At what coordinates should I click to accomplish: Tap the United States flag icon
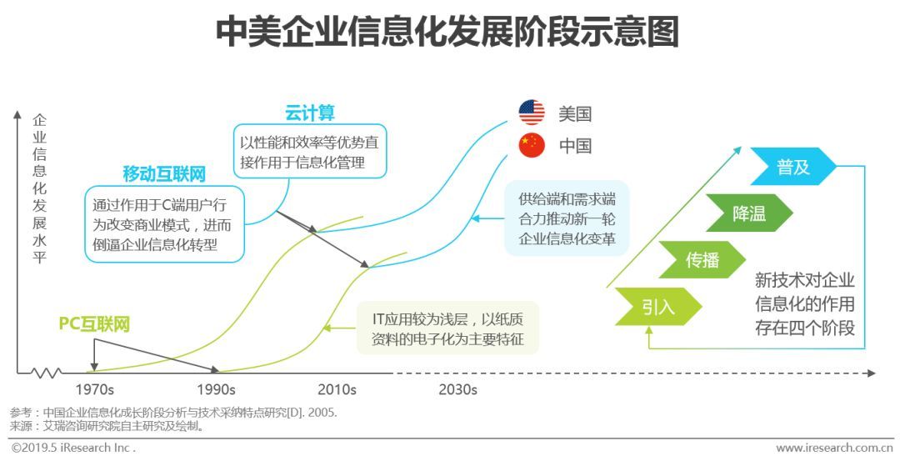(532, 113)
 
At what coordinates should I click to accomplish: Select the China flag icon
(532, 145)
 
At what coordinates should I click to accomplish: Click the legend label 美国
(575, 113)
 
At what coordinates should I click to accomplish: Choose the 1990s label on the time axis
(216, 389)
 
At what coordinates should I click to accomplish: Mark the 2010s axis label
(337, 389)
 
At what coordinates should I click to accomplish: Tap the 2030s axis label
(457, 389)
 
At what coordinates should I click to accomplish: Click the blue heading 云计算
(309, 113)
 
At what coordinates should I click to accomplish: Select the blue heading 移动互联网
(164, 173)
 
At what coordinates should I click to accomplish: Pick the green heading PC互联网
(94, 324)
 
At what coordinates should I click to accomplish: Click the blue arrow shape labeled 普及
(792, 167)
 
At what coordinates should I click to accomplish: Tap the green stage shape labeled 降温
(748, 213)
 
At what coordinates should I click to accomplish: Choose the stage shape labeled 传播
(702, 259)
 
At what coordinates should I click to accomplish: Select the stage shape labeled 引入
(657, 306)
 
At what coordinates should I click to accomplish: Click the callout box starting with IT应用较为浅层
(447, 328)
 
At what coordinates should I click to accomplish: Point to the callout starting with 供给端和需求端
(566, 218)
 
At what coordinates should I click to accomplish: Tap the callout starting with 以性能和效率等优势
(308, 152)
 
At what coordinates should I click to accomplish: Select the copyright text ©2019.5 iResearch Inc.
(73, 448)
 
